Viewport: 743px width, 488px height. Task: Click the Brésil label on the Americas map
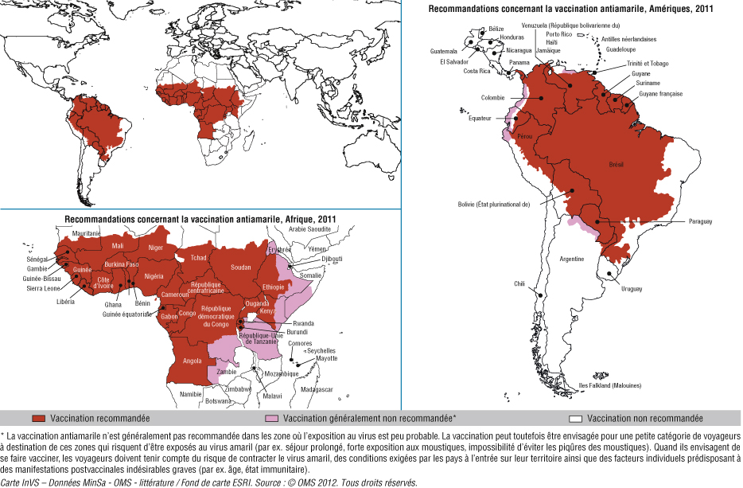coord(616,164)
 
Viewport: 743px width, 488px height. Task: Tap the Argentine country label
coord(571,259)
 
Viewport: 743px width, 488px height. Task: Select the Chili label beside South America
coord(519,283)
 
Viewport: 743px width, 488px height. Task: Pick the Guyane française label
coord(660,94)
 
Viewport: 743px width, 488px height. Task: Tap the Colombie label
coord(492,98)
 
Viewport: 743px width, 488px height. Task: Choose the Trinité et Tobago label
coord(648,63)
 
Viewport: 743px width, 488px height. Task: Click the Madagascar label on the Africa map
coord(316,389)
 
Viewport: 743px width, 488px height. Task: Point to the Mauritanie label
coord(86,233)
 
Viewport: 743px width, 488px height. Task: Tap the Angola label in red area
coord(192,361)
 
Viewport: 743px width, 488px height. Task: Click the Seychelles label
coord(321,350)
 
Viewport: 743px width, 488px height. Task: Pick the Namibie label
coord(190,393)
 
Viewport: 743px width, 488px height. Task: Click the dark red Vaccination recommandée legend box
coord(38,418)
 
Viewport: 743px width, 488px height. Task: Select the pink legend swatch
coord(271,418)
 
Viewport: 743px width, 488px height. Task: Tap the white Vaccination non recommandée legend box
coord(577,418)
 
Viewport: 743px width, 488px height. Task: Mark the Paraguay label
coord(700,221)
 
